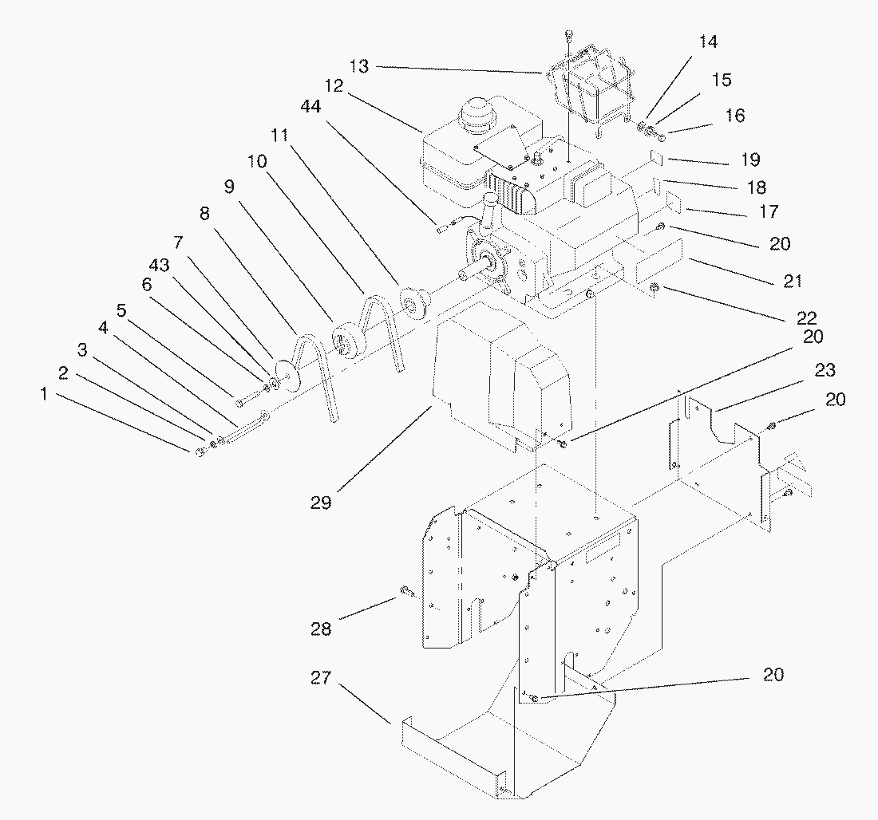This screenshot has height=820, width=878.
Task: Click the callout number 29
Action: (x=322, y=503)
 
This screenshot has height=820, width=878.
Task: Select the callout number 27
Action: (x=322, y=678)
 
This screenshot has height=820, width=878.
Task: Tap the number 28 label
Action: (x=322, y=629)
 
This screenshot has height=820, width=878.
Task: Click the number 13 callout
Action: (x=360, y=66)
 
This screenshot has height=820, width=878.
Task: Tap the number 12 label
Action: (x=334, y=86)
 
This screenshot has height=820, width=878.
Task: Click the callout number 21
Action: (x=793, y=281)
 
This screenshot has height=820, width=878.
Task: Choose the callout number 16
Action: (x=735, y=116)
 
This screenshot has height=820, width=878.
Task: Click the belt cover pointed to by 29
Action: (x=499, y=375)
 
